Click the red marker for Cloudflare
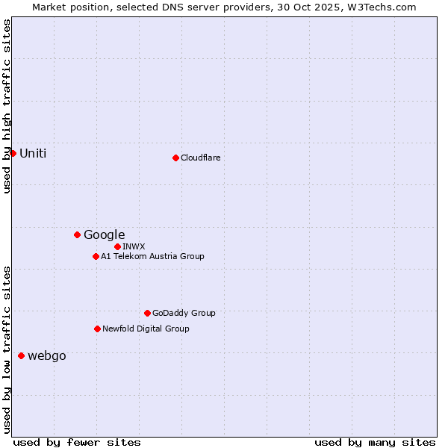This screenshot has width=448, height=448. click(175, 158)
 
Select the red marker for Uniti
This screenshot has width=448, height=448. click(13, 153)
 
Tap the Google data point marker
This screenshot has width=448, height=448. click(77, 234)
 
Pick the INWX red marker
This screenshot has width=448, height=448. click(117, 246)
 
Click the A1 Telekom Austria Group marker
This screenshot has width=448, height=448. click(96, 256)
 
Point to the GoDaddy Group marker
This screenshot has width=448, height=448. click(147, 313)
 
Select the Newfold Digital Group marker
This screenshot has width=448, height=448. click(97, 329)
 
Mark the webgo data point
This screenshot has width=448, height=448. click(21, 355)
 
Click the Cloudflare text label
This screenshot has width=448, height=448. click(200, 158)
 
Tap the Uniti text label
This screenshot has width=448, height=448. click(33, 153)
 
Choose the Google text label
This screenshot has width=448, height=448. click(104, 234)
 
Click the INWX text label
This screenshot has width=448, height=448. click(134, 246)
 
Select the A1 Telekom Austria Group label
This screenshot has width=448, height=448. click(152, 256)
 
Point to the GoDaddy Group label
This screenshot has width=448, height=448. click(184, 313)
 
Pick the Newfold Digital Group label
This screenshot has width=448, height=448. click(146, 329)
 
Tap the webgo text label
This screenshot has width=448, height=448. click(46, 355)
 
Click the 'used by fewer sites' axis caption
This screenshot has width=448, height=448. click(77, 442)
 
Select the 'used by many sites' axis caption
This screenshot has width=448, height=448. click(375, 442)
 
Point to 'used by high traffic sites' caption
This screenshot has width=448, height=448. click(7, 106)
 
